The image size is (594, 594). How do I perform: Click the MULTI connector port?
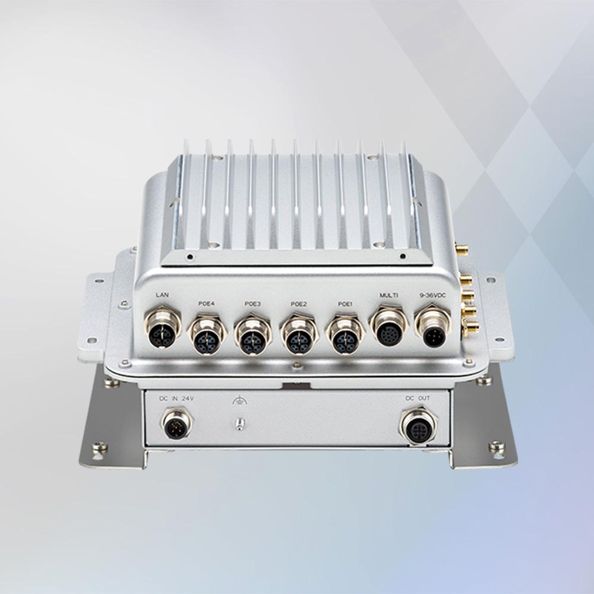tap(389, 329)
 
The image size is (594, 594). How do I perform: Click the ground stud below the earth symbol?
tap(238, 424)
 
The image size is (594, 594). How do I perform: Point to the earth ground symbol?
tap(238, 401)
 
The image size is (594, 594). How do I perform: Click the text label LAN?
tap(162, 295)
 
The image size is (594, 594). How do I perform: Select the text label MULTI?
tap(389, 295)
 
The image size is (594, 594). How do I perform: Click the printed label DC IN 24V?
tap(176, 398)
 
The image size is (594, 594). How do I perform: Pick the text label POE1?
tap(345, 304)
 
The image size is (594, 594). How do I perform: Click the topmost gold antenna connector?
tap(461, 247)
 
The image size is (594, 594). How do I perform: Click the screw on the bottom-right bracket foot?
tap(497, 447)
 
